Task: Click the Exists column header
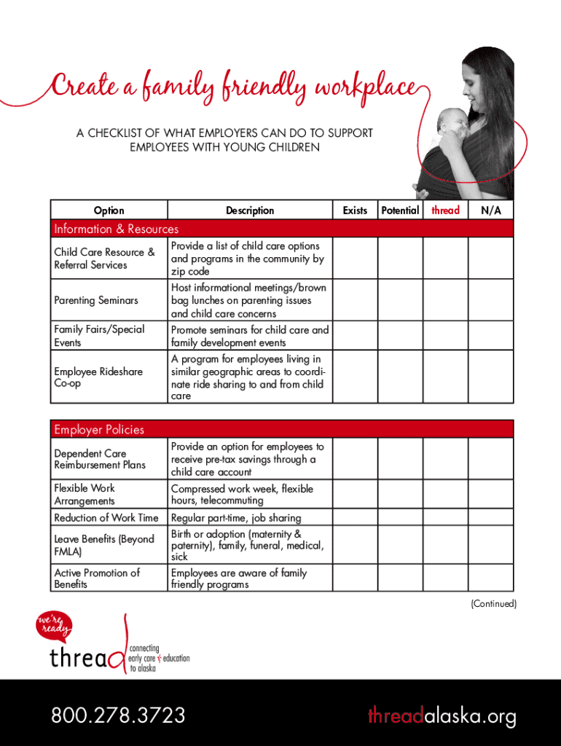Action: point(355,211)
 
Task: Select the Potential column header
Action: point(400,211)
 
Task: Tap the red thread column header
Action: point(445,211)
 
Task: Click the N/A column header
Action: point(490,211)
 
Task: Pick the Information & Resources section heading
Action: point(116,229)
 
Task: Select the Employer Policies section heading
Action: point(99,429)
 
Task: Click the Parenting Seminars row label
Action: point(95,300)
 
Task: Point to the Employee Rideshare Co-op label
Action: point(98,377)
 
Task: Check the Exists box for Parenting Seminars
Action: point(356,300)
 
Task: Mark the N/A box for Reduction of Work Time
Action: point(490,517)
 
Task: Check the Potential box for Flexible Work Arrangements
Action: point(400,495)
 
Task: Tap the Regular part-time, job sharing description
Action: point(235,518)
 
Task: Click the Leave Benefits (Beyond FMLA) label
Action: point(104,545)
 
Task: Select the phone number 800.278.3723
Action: point(118,715)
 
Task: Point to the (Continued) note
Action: point(493,604)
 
